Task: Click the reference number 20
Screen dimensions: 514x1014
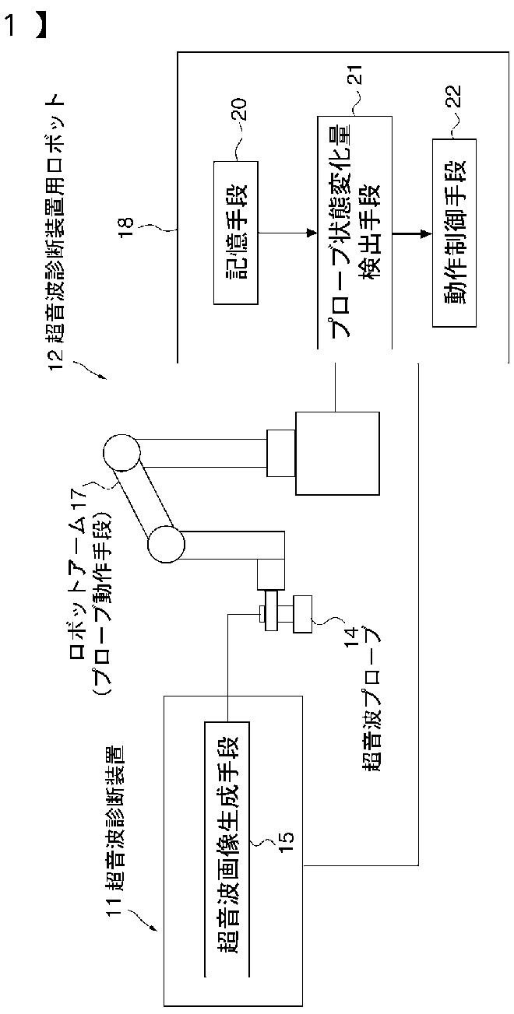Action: point(239,109)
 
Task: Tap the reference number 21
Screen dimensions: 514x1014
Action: point(356,74)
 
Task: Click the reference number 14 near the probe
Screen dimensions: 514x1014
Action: point(352,636)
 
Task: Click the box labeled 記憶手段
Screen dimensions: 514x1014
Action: point(235,232)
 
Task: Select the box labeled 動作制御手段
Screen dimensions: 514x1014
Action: point(454,233)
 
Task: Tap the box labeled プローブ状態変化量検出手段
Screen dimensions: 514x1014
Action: point(354,233)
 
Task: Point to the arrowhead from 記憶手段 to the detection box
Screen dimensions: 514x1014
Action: point(312,233)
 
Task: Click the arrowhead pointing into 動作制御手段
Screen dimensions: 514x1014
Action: point(427,233)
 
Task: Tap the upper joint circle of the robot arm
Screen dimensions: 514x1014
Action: point(121,453)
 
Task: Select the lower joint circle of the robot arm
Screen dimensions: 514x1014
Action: point(166,544)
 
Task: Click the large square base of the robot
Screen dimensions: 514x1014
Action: point(337,453)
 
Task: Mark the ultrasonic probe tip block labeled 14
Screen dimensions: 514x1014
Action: point(302,614)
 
